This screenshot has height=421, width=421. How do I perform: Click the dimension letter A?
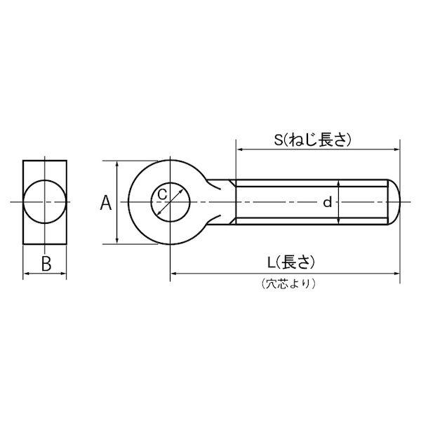point(106,203)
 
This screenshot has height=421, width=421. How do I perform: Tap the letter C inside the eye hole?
point(162,194)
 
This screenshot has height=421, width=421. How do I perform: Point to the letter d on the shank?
point(327,202)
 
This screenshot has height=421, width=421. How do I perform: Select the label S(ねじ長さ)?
point(312,140)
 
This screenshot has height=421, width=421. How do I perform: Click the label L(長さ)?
point(290,262)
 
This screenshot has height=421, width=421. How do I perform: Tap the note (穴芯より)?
point(288,283)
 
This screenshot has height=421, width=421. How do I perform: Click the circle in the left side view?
point(45,180)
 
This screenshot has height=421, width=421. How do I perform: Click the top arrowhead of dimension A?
point(116,163)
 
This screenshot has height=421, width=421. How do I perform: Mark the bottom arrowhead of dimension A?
point(116,241)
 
